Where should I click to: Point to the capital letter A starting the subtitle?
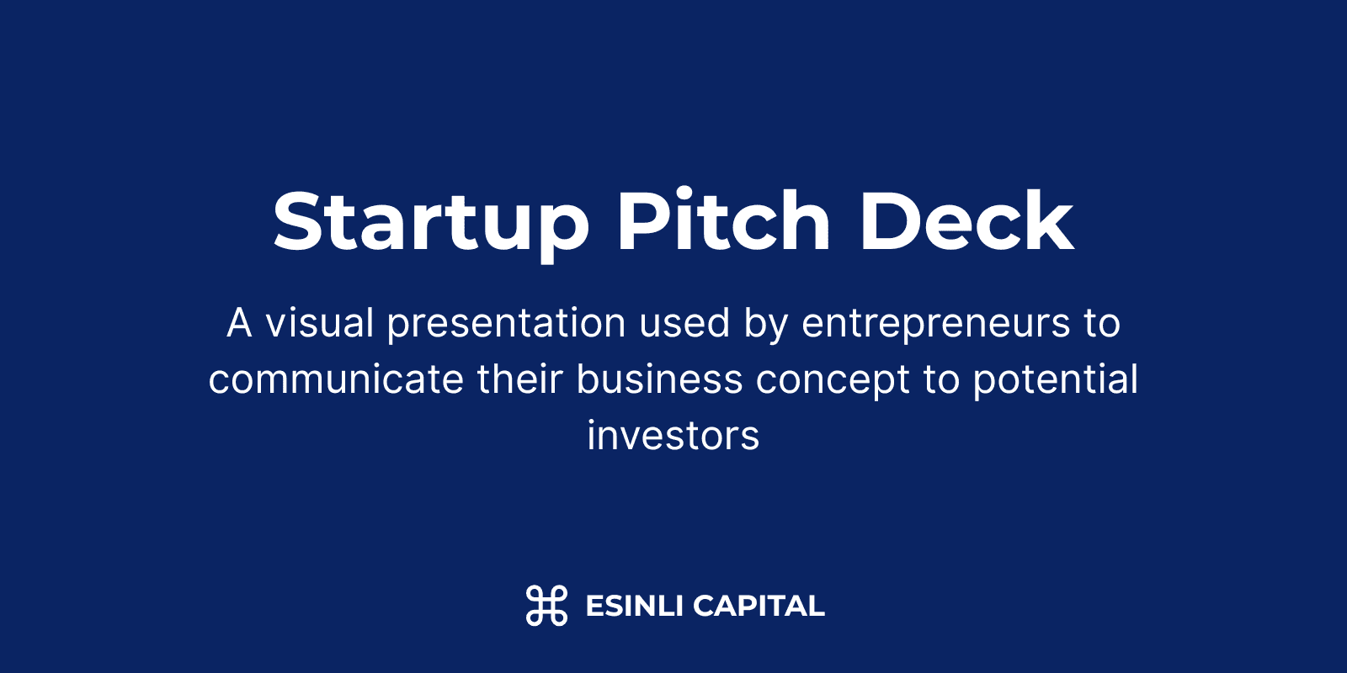[x=239, y=323]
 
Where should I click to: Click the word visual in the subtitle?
[x=320, y=323]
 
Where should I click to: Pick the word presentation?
[x=506, y=325]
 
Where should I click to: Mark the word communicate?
[x=336, y=379]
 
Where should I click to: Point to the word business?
[x=659, y=379]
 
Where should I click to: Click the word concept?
[x=833, y=382]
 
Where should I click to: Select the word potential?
[x=1056, y=381]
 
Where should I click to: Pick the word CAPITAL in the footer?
[x=759, y=606]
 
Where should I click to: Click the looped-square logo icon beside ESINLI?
[x=546, y=605]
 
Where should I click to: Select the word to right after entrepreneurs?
[x=1103, y=324]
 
